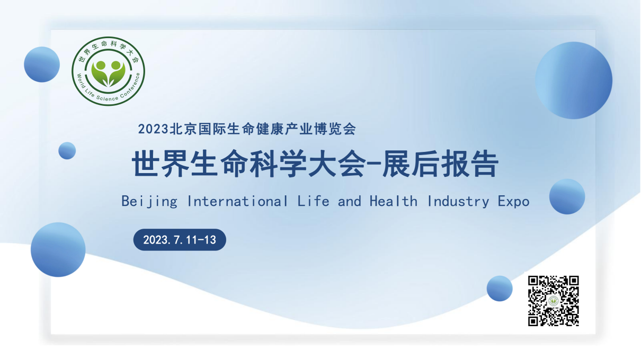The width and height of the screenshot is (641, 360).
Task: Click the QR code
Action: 554,301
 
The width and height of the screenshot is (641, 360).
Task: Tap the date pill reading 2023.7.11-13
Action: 180,240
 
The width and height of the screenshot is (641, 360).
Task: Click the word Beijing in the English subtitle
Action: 149,201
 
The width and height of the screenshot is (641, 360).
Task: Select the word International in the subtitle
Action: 237,201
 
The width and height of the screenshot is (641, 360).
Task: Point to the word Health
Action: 394,201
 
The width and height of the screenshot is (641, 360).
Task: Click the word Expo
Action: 514,202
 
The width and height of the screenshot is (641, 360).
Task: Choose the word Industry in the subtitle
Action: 458,202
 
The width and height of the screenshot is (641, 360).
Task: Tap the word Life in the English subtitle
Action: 313,201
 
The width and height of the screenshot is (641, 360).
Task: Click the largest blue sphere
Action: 574,80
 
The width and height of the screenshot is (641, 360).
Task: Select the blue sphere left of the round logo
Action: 42,65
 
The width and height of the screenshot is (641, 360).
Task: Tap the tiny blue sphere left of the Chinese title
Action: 67,151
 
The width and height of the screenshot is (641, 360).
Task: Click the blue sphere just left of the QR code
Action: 500,289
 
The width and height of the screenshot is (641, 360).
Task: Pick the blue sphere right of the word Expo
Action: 567,197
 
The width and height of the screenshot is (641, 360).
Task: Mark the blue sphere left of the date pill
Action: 58,250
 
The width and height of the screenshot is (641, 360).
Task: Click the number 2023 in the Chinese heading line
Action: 153,129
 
